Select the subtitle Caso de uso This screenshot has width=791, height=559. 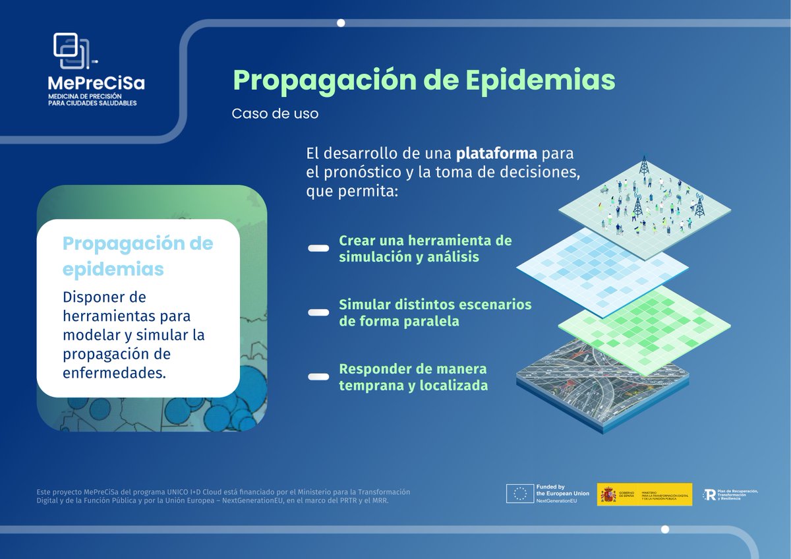275,113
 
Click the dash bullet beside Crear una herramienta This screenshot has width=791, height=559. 318,249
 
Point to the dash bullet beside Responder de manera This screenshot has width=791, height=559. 318,376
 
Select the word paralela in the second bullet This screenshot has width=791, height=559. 432,322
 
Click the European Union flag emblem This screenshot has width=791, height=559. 519,494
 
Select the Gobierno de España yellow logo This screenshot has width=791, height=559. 645,494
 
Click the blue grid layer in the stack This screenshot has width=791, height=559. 601,270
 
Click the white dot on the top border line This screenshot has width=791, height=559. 341,23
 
